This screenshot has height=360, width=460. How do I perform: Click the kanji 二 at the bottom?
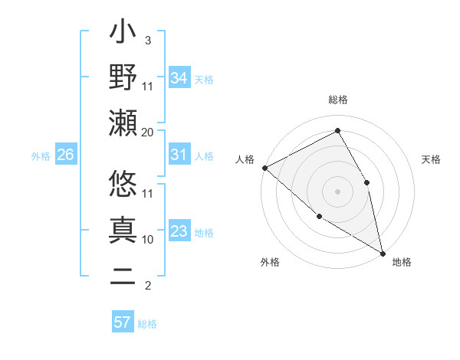point(123,276)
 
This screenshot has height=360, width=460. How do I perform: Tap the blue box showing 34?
point(179,77)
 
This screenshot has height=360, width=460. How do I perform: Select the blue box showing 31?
point(179,155)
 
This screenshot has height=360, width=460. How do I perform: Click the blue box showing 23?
point(179,231)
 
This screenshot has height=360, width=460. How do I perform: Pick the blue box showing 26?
point(65,155)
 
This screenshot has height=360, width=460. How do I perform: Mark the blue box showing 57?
point(122,322)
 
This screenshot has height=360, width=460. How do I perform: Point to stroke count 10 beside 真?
point(148,239)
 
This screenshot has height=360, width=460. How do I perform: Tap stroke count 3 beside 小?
point(148,40)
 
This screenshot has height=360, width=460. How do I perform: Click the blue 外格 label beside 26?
point(41,155)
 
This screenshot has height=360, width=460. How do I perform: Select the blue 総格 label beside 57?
point(147,323)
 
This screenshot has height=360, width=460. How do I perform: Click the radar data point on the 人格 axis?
point(264,168)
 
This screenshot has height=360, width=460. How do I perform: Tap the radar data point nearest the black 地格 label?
point(382,252)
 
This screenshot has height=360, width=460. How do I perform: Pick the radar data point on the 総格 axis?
point(337,131)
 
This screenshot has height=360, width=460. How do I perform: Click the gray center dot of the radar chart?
point(337,191)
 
